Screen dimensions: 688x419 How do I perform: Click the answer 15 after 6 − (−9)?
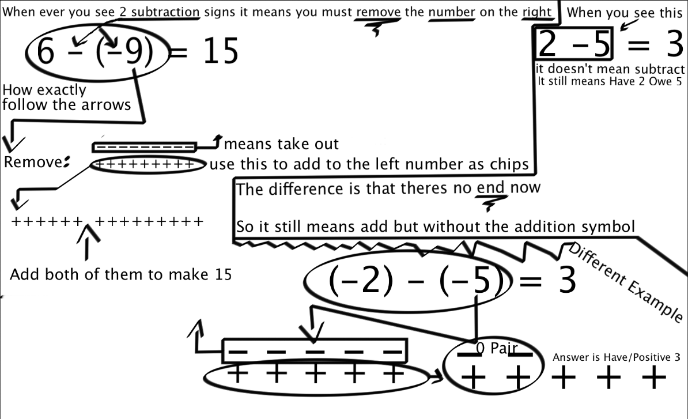pyautogui.click(x=221, y=51)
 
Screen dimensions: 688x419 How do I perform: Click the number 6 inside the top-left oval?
pyautogui.click(x=46, y=51)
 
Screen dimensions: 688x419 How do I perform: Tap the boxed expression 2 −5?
pyautogui.click(x=573, y=43)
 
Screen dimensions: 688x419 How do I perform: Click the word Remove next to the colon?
pyautogui.click(x=33, y=162)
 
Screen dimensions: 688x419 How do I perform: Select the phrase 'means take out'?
pyautogui.click(x=281, y=144)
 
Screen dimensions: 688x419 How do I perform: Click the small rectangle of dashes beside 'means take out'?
pyautogui.click(x=145, y=147)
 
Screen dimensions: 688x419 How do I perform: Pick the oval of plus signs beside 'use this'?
pyautogui.click(x=148, y=164)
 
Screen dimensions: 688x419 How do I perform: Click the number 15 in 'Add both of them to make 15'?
pyautogui.click(x=224, y=275)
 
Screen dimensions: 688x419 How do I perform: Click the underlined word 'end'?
pyautogui.click(x=490, y=187)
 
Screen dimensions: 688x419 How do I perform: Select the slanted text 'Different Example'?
pyautogui.click(x=626, y=282)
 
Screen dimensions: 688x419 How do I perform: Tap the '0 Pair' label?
pyautogui.click(x=497, y=348)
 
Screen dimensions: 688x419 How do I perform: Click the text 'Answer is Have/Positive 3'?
pyautogui.click(x=617, y=357)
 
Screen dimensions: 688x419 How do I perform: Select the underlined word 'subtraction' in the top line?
pyautogui.click(x=165, y=12)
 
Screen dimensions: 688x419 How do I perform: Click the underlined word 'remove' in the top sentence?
pyautogui.click(x=378, y=12)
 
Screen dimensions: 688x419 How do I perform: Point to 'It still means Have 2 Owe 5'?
pyautogui.click(x=610, y=81)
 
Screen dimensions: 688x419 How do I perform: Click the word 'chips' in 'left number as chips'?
pyautogui.click(x=512, y=164)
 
